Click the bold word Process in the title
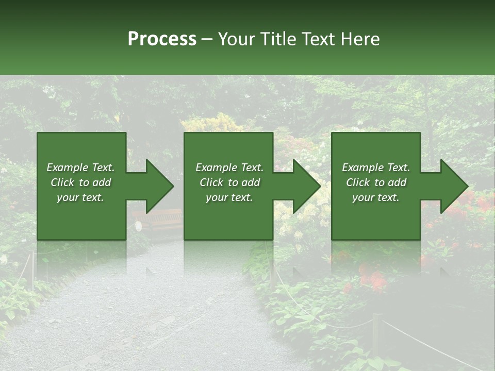point(162,39)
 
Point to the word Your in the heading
point(238,39)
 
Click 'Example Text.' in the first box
point(81,167)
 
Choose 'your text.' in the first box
point(81,197)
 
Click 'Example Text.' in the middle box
point(229,167)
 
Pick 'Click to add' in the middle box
point(229,182)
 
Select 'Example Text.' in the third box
point(376,167)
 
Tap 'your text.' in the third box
point(376,197)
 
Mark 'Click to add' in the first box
point(81,182)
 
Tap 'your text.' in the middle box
point(229,197)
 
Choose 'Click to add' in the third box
point(376,182)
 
